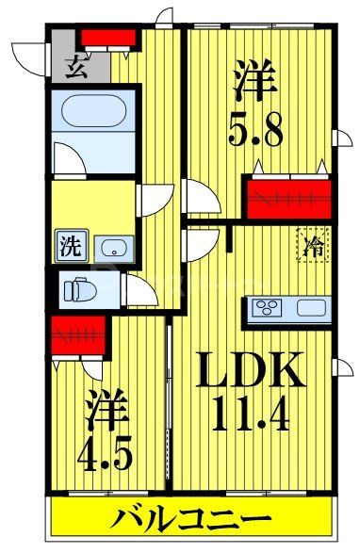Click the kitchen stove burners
(x=266, y=309)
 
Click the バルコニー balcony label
(x=193, y=518)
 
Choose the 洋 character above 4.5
(x=104, y=411)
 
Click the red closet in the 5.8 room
(x=289, y=199)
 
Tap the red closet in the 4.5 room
(x=77, y=335)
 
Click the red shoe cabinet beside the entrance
(x=107, y=38)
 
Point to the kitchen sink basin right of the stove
(x=309, y=309)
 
